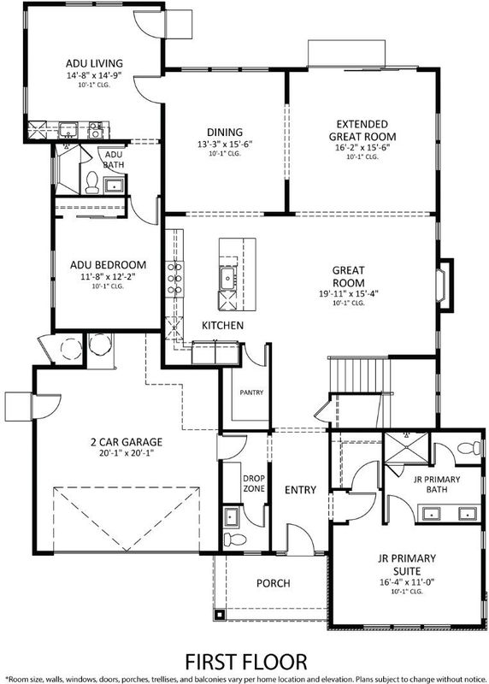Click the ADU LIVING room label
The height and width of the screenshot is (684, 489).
pos(94,63)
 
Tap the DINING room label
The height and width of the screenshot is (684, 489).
pos(225,132)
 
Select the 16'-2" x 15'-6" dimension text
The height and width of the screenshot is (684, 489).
pos(362,147)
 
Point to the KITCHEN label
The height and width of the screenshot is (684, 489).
pos(222,326)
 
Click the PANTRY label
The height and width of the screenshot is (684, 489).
pos(251,392)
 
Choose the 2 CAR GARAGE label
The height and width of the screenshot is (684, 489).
pos(127,442)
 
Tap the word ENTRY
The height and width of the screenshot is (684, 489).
pos(300,490)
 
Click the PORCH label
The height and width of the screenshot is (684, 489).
pos(273,583)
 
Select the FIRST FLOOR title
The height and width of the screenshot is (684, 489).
pos(246,662)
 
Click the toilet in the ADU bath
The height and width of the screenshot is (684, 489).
pos(92,182)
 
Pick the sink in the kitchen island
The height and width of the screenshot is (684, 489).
pos(227,279)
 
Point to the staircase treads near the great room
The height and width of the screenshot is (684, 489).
pos(358,374)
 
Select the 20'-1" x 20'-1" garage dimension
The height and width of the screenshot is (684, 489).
pos(127,453)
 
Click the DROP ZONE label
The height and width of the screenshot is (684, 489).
pos(254,483)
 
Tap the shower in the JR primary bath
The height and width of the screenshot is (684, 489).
pos(407,447)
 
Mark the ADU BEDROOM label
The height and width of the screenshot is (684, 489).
pos(109,265)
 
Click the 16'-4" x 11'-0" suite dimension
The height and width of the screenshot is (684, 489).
pos(407,582)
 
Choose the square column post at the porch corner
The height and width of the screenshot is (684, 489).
pos(220,615)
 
